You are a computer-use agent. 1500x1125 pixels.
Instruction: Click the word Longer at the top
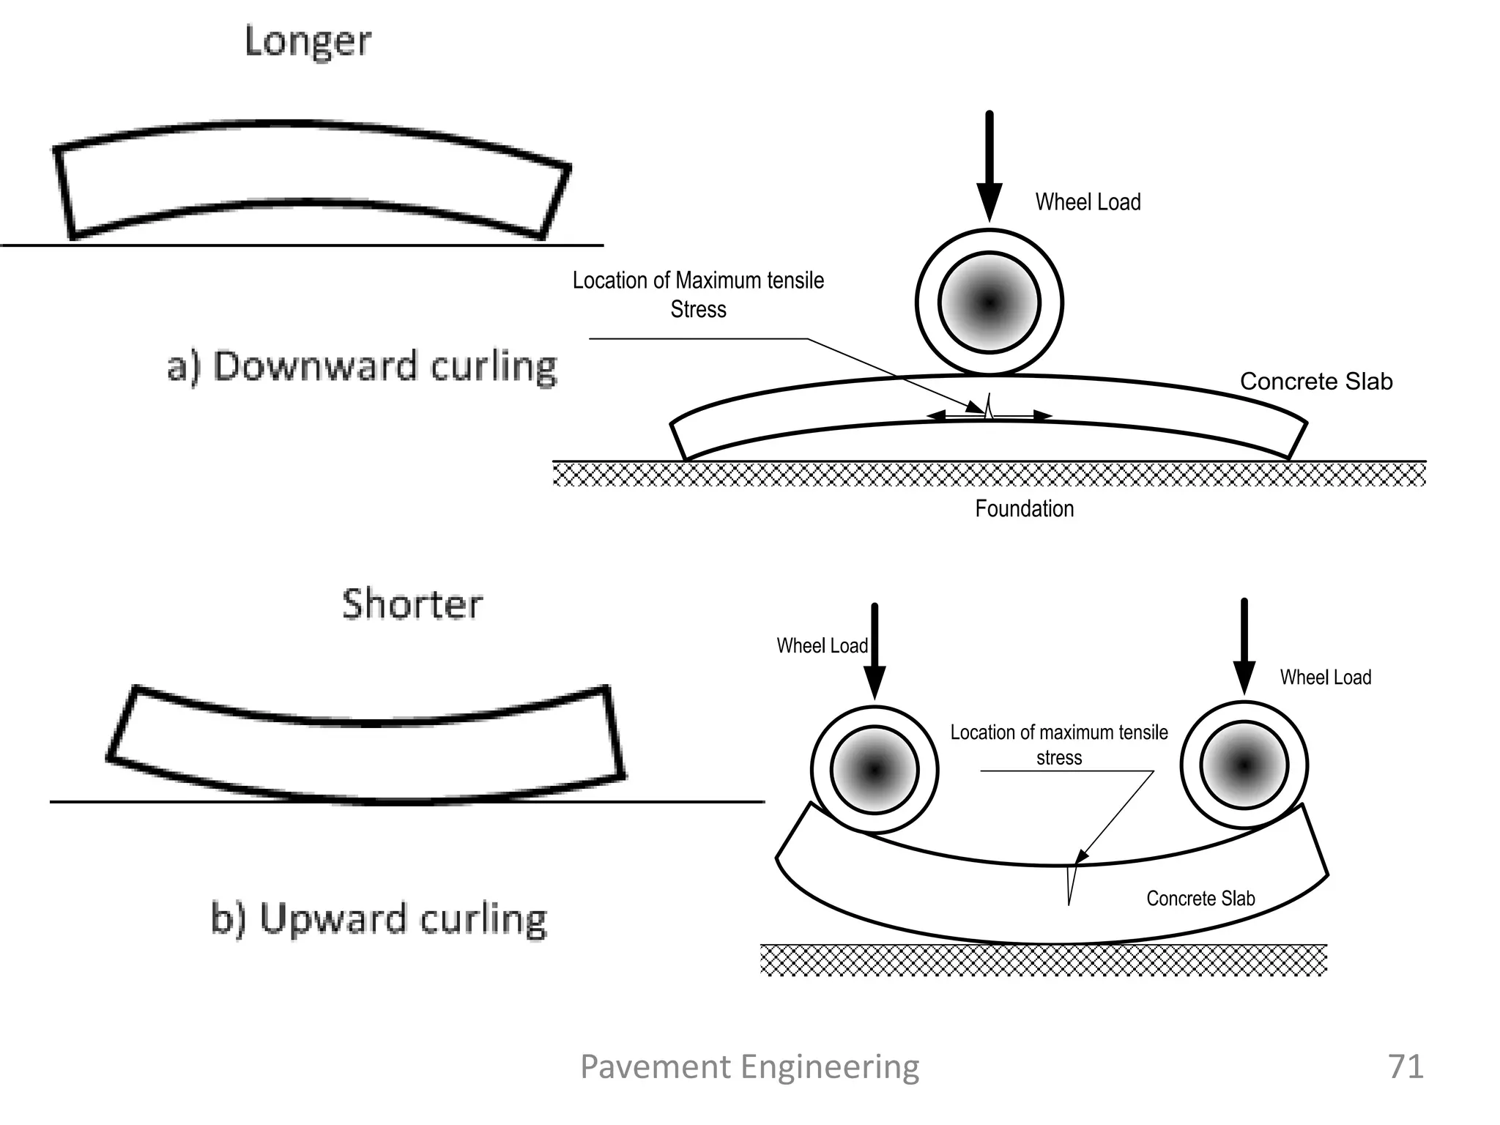(308, 42)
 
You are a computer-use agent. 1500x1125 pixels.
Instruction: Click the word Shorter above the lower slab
(412, 605)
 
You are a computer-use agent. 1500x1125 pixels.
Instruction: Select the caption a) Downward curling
(362, 366)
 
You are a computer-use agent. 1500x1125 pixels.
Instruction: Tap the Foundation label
(1024, 508)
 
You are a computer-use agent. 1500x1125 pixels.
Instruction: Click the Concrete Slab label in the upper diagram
(1315, 382)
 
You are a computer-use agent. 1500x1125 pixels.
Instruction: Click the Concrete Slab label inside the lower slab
(1200, 899)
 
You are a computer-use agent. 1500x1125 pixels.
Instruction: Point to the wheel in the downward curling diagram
(989, 302)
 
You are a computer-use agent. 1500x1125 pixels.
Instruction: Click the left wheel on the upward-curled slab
(874, 770)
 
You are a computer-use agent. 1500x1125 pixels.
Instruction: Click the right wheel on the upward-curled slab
(1244, 765)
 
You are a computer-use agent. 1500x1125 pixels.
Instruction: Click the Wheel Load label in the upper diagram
(1088, 202)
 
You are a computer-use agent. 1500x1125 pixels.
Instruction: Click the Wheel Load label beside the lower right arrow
(1325, 677)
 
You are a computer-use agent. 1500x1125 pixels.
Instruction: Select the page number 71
(1406, 1066)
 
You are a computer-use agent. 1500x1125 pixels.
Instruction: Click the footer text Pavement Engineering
(749, 1066)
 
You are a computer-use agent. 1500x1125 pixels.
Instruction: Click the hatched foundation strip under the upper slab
(989, 475)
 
